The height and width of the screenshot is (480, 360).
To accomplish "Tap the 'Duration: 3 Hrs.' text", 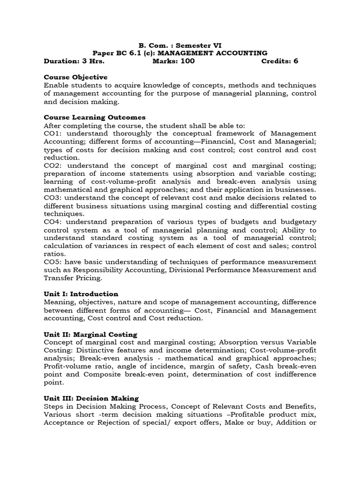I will pos(74,61).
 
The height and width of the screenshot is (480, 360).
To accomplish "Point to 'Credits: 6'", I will pos(279,61).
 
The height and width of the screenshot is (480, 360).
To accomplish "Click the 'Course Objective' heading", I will pos(75,77).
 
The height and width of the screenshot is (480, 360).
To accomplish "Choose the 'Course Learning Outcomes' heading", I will pos(95,117).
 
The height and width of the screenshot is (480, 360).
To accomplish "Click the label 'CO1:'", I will pos(53,134).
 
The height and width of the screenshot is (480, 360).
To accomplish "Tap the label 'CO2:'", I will pos(53,165).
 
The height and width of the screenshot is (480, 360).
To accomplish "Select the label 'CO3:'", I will pos(53,197).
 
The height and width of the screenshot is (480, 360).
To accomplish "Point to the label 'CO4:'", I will pos(53,222).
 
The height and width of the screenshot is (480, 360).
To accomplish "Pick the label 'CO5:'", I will pos(53,262).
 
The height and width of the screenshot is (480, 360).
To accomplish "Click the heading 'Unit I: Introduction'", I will pos(81,294).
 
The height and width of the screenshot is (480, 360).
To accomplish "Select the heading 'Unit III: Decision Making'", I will pos(91,398).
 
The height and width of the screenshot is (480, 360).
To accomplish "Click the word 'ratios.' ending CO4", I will pos(54,254).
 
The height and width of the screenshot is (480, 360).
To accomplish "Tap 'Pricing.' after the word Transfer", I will pos(88,278).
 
